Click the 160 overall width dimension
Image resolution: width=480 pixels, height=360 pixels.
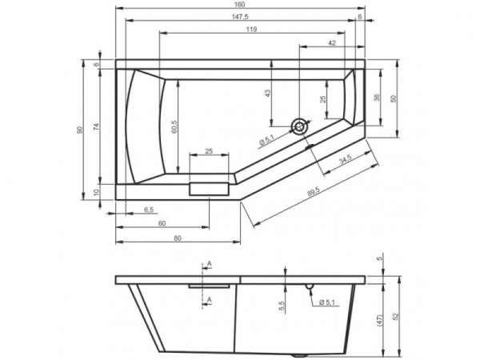[x=241, y=4]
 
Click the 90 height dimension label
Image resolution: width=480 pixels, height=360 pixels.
[x=80, y=130]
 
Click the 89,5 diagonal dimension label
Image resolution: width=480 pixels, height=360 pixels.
[x=313, y=191]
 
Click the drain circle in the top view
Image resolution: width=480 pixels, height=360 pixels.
[x=300, y=126]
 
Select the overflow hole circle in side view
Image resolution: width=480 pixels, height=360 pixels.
[x=310, y=286]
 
